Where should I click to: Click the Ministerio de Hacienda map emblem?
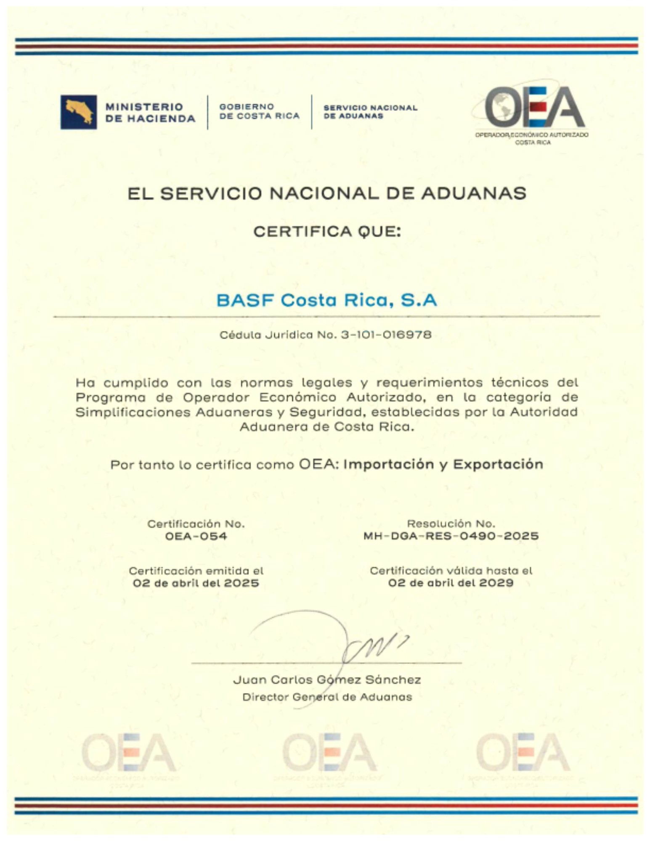click(x=79, y=112)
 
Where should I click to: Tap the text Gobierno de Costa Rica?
click(x=259, y=111)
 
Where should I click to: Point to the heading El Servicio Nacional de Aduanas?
click(x=327, y=193)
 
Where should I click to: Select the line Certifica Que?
click(x=327, y=231)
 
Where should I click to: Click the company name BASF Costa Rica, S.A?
click(x=327, y=300)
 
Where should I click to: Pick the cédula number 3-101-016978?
click(x=386, y=335)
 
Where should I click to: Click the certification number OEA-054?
click(x=196, y=536)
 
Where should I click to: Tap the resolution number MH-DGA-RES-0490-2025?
click(x=451, y=536)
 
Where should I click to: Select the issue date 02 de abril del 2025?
click(x=196, y=583)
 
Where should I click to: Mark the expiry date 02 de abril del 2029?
click(x=451, y=583)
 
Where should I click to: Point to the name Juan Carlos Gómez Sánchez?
click(x=327, y=680)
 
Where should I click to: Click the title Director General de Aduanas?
click(x=327, y=697)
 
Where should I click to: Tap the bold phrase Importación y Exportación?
click(x=443, y=464)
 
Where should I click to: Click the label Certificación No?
click(x=196, y=524)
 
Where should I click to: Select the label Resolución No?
click(x=451, y=524)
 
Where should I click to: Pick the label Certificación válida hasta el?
click(x=451, y=571)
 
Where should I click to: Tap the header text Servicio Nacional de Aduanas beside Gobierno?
click(x=370, y=112)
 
